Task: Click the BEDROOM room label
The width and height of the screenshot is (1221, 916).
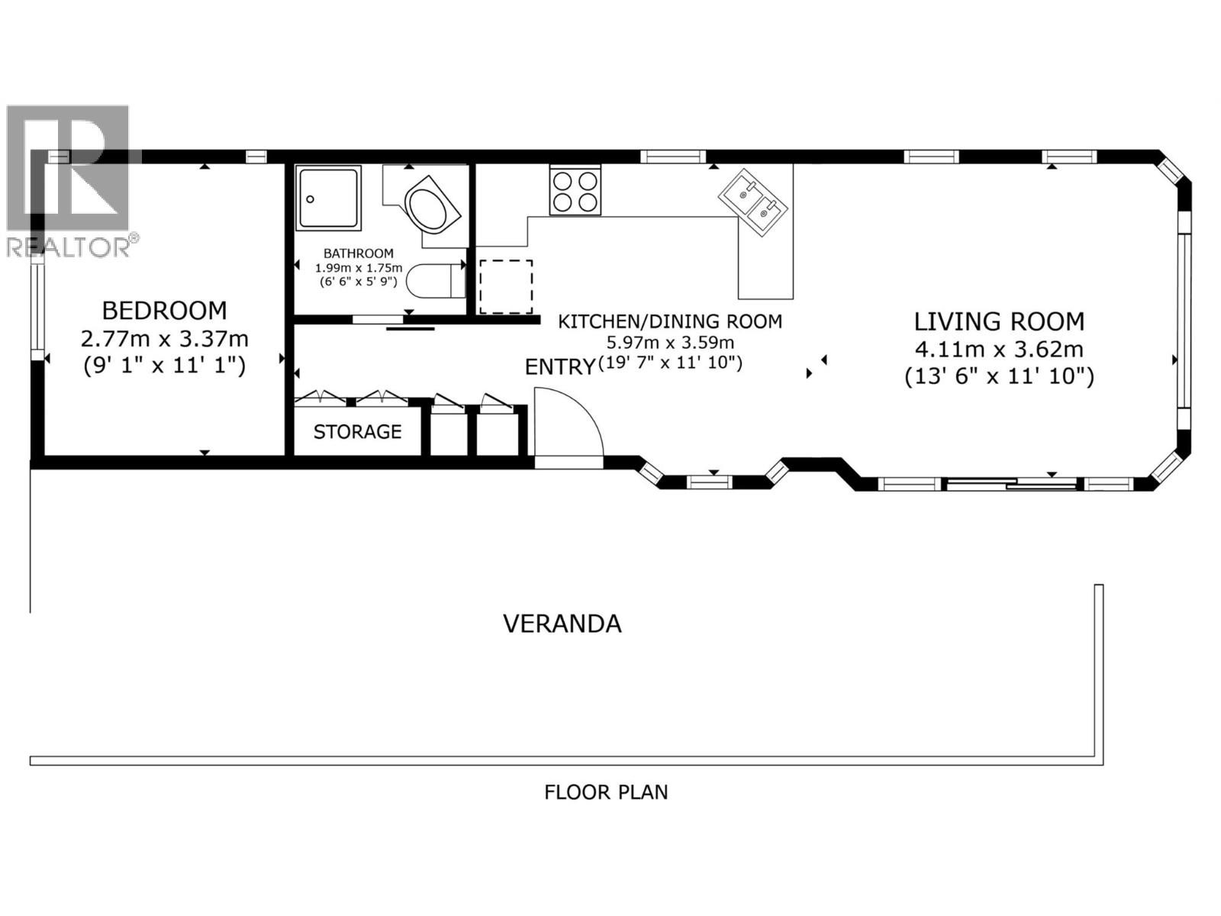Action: [164, 311]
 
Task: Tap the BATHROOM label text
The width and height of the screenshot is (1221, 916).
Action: [358, 253]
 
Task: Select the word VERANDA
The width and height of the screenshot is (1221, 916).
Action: [562, 624]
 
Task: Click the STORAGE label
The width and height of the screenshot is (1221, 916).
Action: [357, 432]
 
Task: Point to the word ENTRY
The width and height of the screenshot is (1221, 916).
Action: [559, 367]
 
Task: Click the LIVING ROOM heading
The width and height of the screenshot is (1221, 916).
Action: [999, 321]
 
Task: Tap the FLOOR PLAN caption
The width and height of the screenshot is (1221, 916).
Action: [605, 792]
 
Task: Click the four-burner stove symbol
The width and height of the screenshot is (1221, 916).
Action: [575, 192]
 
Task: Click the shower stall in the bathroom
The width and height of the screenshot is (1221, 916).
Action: [329, 198]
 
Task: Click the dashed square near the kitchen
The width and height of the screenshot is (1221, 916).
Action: [505, 286]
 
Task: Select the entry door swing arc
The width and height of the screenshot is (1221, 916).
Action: [569, 424]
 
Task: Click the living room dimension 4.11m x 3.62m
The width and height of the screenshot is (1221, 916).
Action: [999, 350]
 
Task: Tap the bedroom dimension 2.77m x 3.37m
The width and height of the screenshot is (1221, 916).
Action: [164, 338]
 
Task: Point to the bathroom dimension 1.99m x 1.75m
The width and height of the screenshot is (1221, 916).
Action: [358, 268]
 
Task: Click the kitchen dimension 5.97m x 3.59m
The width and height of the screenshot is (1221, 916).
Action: [669, 343]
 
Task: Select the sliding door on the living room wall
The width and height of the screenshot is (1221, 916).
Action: [1013, 483]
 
